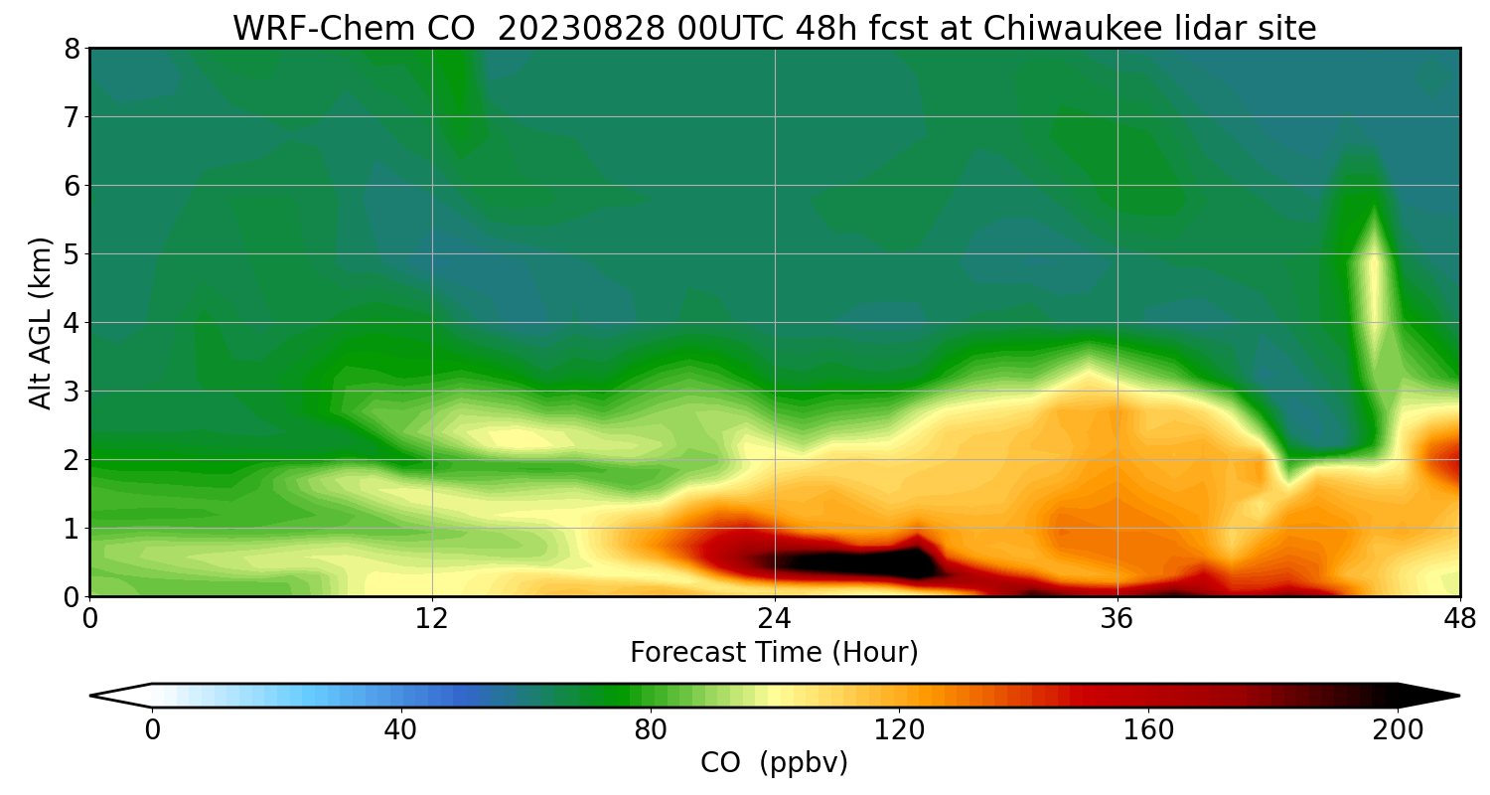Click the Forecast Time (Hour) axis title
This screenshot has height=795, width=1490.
tap(774, 653)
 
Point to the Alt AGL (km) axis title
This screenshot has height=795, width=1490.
tap(41, 322)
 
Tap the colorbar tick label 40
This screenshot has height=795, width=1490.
tap(400, 731)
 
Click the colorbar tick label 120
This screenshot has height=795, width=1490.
tap(899, 731)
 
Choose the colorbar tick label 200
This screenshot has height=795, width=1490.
tap(1398, 731)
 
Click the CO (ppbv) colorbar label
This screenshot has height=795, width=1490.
tap(774, 763)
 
